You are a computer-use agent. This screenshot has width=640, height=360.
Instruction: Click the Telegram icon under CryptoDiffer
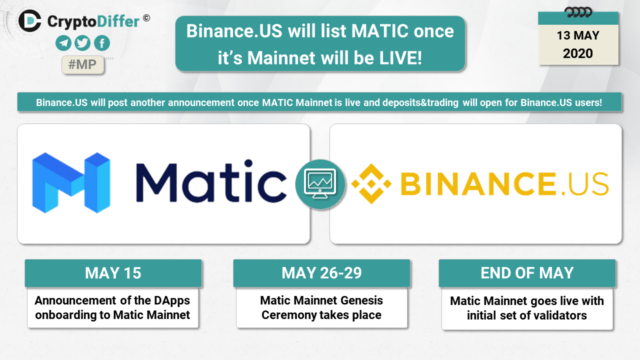pyautogui.click(x=63, y=43)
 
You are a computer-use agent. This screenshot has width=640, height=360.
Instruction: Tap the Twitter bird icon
pyautogui.click(x=82, y=43)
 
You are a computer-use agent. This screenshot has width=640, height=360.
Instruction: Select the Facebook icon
pyautogui.click(x=101, y=43)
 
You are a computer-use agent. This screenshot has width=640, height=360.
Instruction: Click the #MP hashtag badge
pyautogui.click(x=82, y=64)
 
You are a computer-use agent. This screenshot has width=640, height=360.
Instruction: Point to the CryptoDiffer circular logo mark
pyautogui.click(x=29, y=21)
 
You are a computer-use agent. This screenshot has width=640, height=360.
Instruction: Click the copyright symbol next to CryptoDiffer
pyautogui.click(x=146, y=18)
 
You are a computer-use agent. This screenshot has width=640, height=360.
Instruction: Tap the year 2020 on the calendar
pyautogui.click(x=577, y=53)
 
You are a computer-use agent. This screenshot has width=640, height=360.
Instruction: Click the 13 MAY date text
pyautogui.click(x=577, y=35)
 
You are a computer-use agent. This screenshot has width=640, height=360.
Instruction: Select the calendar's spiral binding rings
pyautogui.click(x=578, y=12)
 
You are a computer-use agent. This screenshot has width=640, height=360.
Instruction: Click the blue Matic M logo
pyautogui.click(x=71, y=183)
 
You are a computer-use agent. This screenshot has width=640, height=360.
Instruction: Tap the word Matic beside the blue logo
pyautogui.click(x=211, y=181)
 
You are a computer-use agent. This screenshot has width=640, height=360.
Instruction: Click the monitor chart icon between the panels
pyautogui.click(x=320, y=184)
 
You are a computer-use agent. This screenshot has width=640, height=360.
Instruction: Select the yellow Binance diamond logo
pyautogui.click(x=371, y=183)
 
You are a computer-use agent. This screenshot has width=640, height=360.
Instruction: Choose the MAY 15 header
pyautogui.click(x=113, y=273)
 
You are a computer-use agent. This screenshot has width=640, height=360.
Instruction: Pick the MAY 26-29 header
pyautogui.click(x=321, y=273)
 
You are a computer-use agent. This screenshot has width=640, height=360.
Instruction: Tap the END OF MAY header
pyautogui.click(x=527, y=273)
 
